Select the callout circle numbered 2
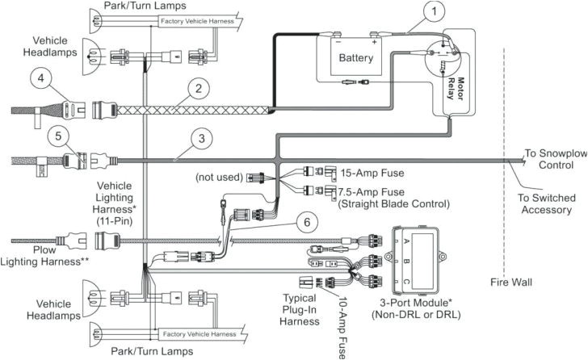point(195,88)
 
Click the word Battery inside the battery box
point(356,58)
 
